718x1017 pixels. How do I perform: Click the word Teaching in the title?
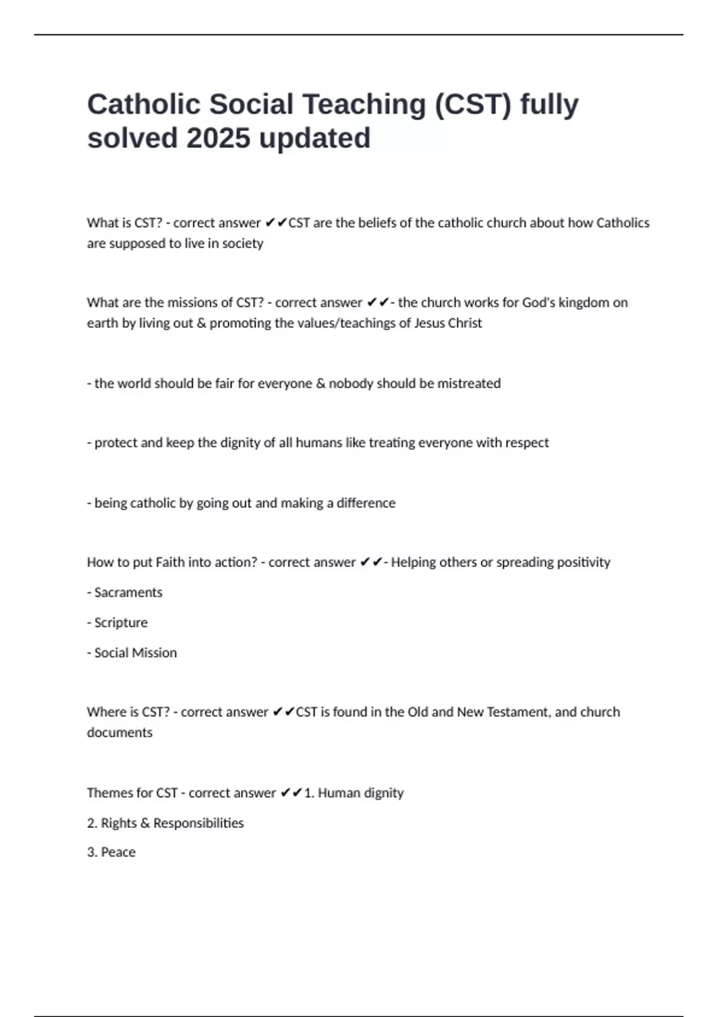point(364,105)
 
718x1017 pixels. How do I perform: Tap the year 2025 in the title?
point(218,139)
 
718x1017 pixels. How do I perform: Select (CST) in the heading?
point(473,105)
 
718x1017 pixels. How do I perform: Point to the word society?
point(242,243)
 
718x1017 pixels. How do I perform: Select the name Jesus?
point(431,323)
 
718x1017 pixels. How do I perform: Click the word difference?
point(366,503)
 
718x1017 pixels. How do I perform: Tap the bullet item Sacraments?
point(128,592)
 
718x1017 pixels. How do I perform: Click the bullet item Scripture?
point(121,623)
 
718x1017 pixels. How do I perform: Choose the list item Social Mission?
point(135,653)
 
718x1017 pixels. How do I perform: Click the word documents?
point(120,733)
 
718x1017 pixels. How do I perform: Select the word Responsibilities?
point(198,823)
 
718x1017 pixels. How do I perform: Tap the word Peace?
point(118,852)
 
